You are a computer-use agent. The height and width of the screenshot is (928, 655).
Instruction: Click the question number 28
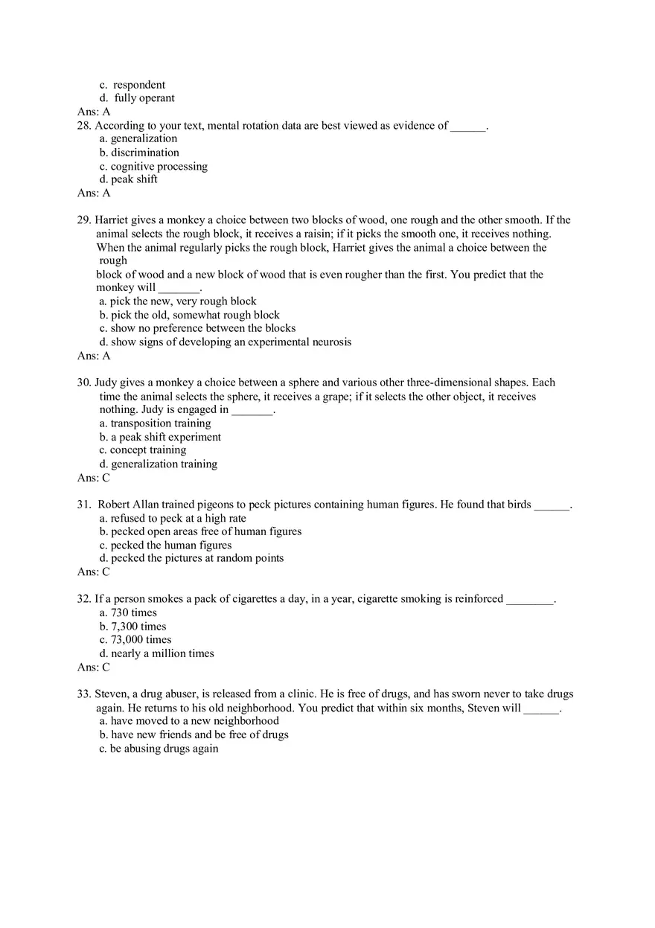point(84,126)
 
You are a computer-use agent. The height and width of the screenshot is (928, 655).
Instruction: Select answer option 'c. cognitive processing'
point(153,166)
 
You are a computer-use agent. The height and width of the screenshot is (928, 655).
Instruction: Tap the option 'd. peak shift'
point(128,179)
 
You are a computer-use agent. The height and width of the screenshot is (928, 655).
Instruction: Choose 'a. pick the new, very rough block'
point(177,301)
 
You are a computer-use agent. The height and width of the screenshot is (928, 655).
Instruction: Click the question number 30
point(84,383)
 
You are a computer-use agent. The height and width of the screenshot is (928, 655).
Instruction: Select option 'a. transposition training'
point(155,423)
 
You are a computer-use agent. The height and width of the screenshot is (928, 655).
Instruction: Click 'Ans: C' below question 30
point(94,478)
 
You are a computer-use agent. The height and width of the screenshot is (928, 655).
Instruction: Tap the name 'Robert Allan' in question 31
point(128,505)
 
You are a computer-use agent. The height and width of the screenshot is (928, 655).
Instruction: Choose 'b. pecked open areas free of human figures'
point(200,531)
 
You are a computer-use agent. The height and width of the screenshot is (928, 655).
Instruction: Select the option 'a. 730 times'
point(128,612)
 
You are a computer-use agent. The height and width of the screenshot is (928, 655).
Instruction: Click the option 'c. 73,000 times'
point(135,639)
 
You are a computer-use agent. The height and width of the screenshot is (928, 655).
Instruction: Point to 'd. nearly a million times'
point(156,653)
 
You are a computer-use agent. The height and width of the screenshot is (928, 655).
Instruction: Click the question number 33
point(84,694)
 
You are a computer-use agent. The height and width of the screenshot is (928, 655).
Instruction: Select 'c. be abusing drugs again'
point(159,748)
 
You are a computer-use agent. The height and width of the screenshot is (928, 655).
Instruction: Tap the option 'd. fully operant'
point(137,98)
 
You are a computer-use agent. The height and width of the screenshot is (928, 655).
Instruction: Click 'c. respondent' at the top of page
point(132,85)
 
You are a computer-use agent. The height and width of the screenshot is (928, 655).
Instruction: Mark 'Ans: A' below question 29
point(94,356)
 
